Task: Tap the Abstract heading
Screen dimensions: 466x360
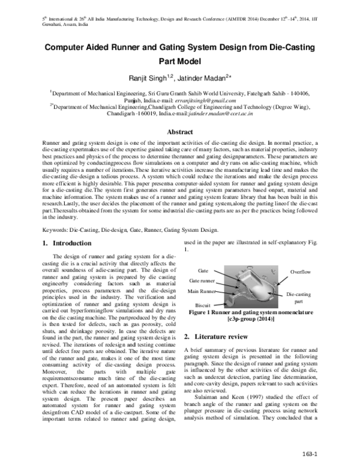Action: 179,132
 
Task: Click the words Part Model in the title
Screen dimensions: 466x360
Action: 179,60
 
